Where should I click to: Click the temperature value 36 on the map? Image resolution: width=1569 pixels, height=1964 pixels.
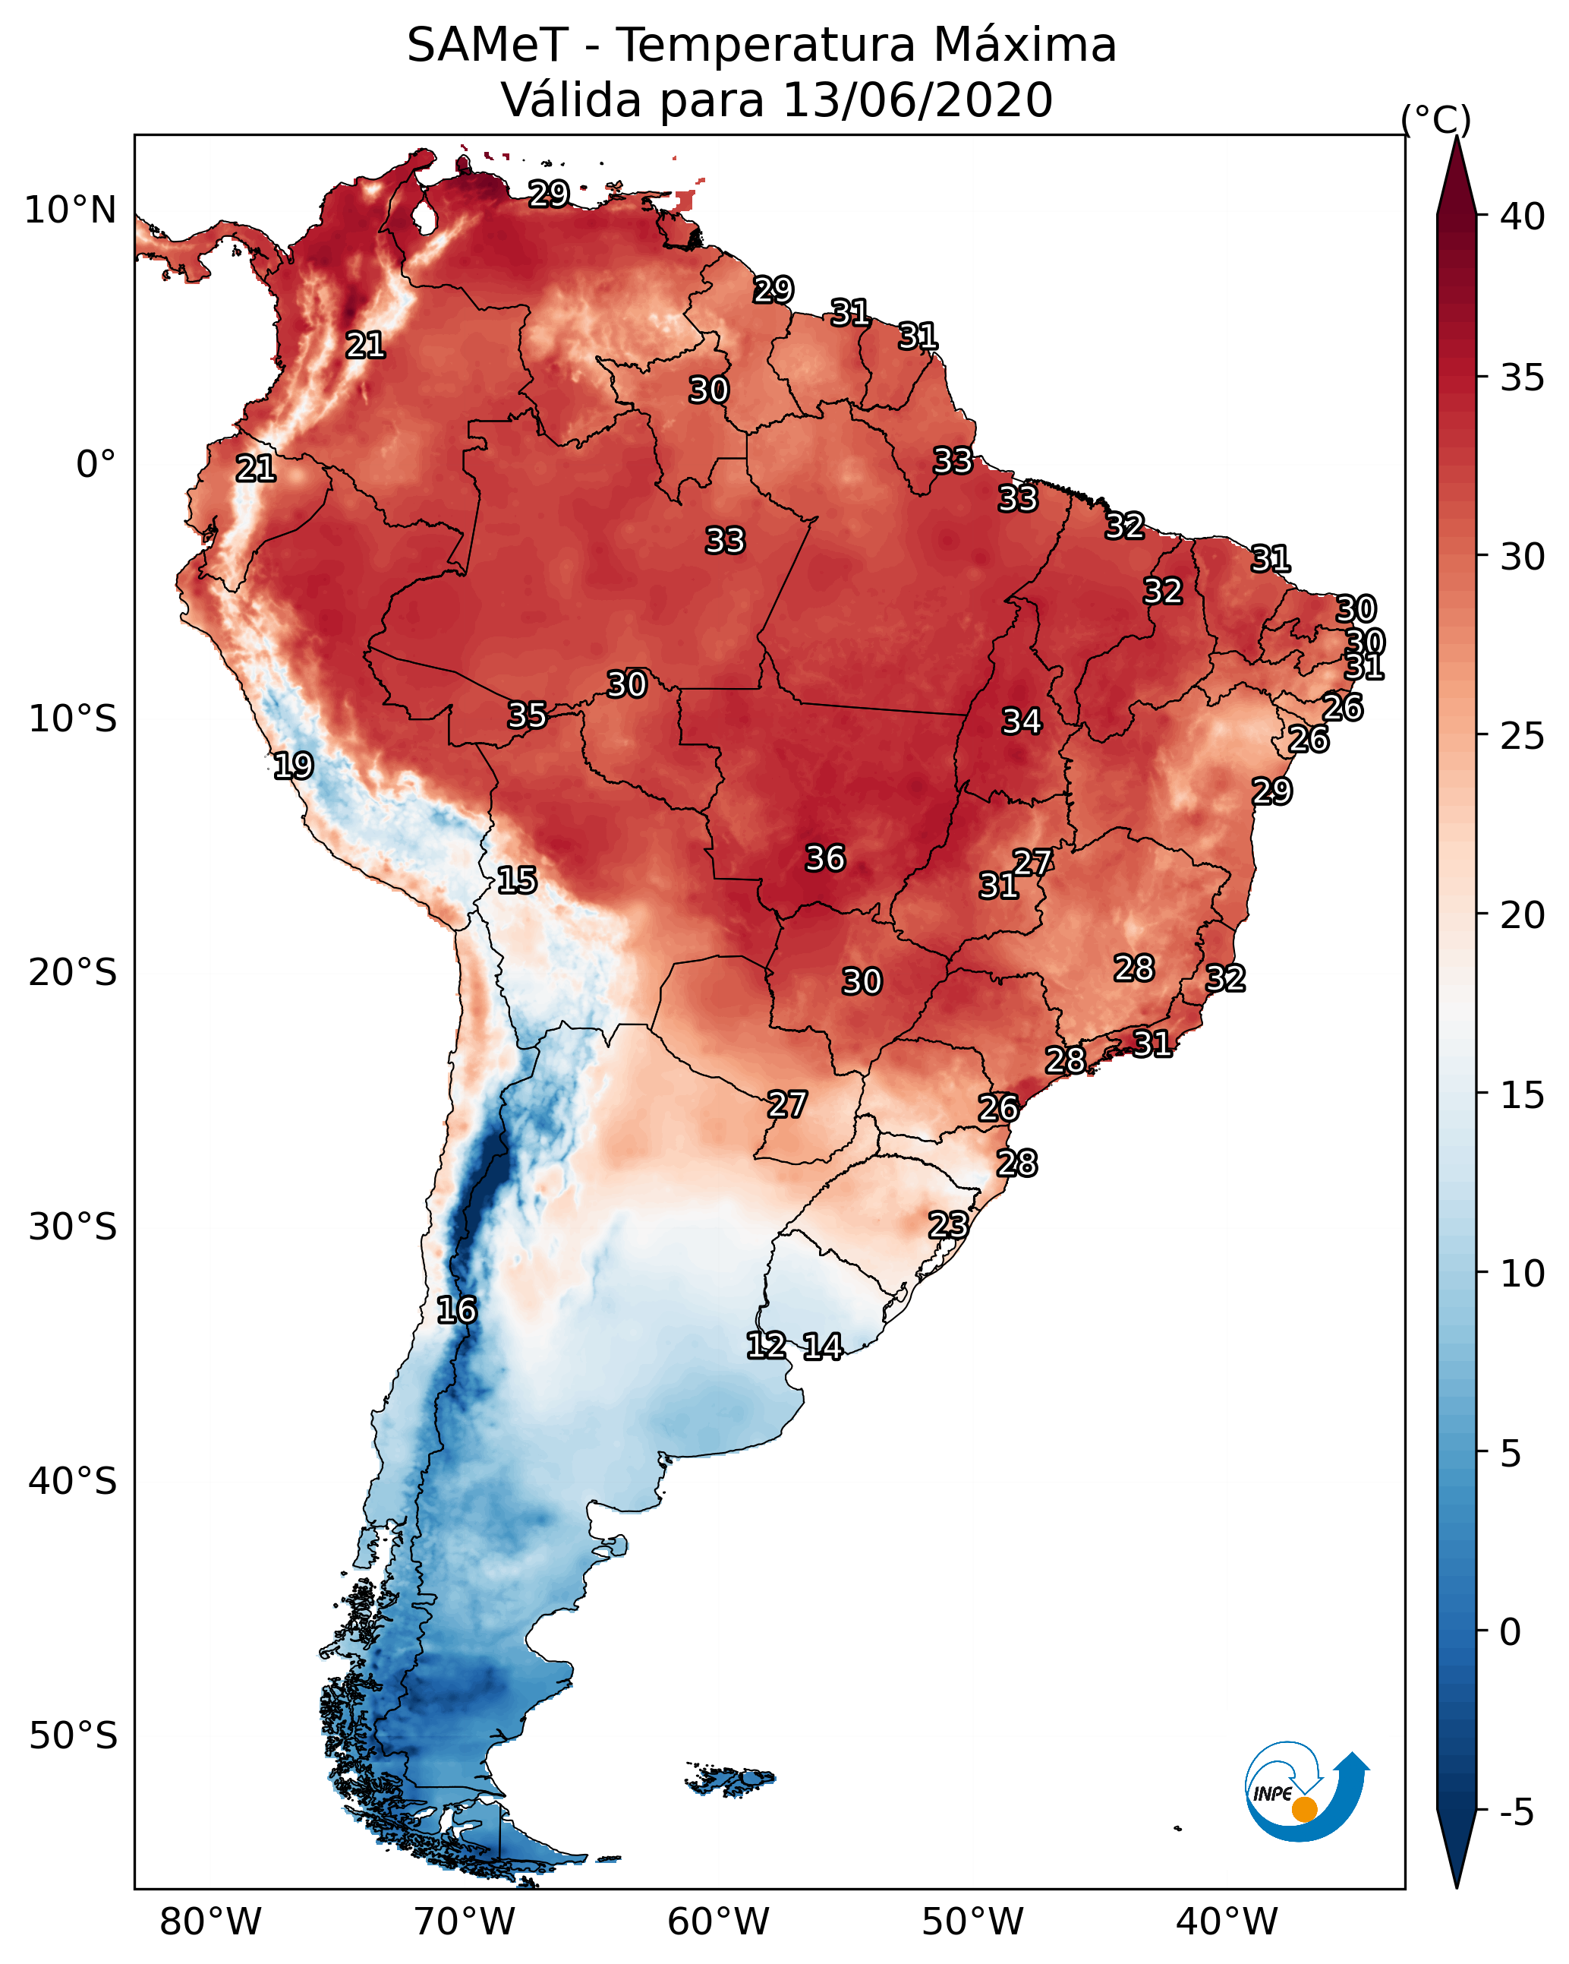tap(825, 858)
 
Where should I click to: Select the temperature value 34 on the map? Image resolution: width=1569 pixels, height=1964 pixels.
tap(1022, 722)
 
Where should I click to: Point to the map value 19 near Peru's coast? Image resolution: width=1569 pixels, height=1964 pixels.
tap(293, 766)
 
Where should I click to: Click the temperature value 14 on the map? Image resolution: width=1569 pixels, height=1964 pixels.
tap(822, 1347)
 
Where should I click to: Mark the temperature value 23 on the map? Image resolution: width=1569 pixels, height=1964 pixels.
tap(948, 1224)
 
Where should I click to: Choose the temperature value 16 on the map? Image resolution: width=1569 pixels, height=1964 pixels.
tap(456, 1310)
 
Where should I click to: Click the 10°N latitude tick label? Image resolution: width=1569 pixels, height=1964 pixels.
tap(70, 210)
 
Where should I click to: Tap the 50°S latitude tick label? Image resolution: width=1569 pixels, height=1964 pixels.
tap(73, 1736)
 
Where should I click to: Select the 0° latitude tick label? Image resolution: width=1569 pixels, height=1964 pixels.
tap(96, 465)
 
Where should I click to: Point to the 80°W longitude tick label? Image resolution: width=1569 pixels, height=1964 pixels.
tap(210, 1921)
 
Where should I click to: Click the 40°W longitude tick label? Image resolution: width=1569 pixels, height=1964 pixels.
tap(1227, 1921)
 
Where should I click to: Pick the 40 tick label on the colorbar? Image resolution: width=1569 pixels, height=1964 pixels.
tap(1523, 216)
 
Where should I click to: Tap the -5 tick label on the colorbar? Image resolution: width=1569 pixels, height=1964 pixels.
tap(1516, 1812)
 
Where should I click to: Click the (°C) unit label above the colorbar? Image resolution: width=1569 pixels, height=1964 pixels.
tap(1435, 119)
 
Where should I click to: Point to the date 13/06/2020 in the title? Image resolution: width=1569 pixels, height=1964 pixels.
tap(917, 100)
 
